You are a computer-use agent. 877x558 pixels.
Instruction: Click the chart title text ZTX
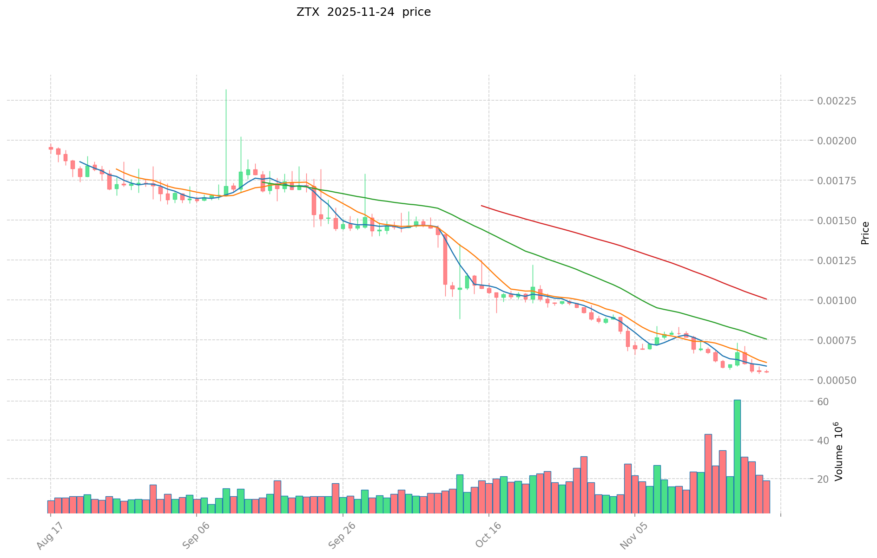308,12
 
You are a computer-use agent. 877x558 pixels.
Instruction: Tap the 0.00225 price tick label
837,101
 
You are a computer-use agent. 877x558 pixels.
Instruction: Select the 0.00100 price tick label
837,300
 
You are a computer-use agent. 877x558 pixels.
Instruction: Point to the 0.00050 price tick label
837,380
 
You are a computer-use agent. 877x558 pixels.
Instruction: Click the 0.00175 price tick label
837,181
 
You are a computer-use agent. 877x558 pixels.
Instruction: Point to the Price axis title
864,233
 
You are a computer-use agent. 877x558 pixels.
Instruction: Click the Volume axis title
838,451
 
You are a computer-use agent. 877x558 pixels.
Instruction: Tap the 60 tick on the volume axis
823,402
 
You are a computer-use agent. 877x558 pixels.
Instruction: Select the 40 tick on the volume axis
823,441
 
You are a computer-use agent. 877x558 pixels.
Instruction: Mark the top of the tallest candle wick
226,90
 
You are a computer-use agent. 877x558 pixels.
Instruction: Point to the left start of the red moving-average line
481,205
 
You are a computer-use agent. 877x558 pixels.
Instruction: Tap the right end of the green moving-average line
766,339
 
